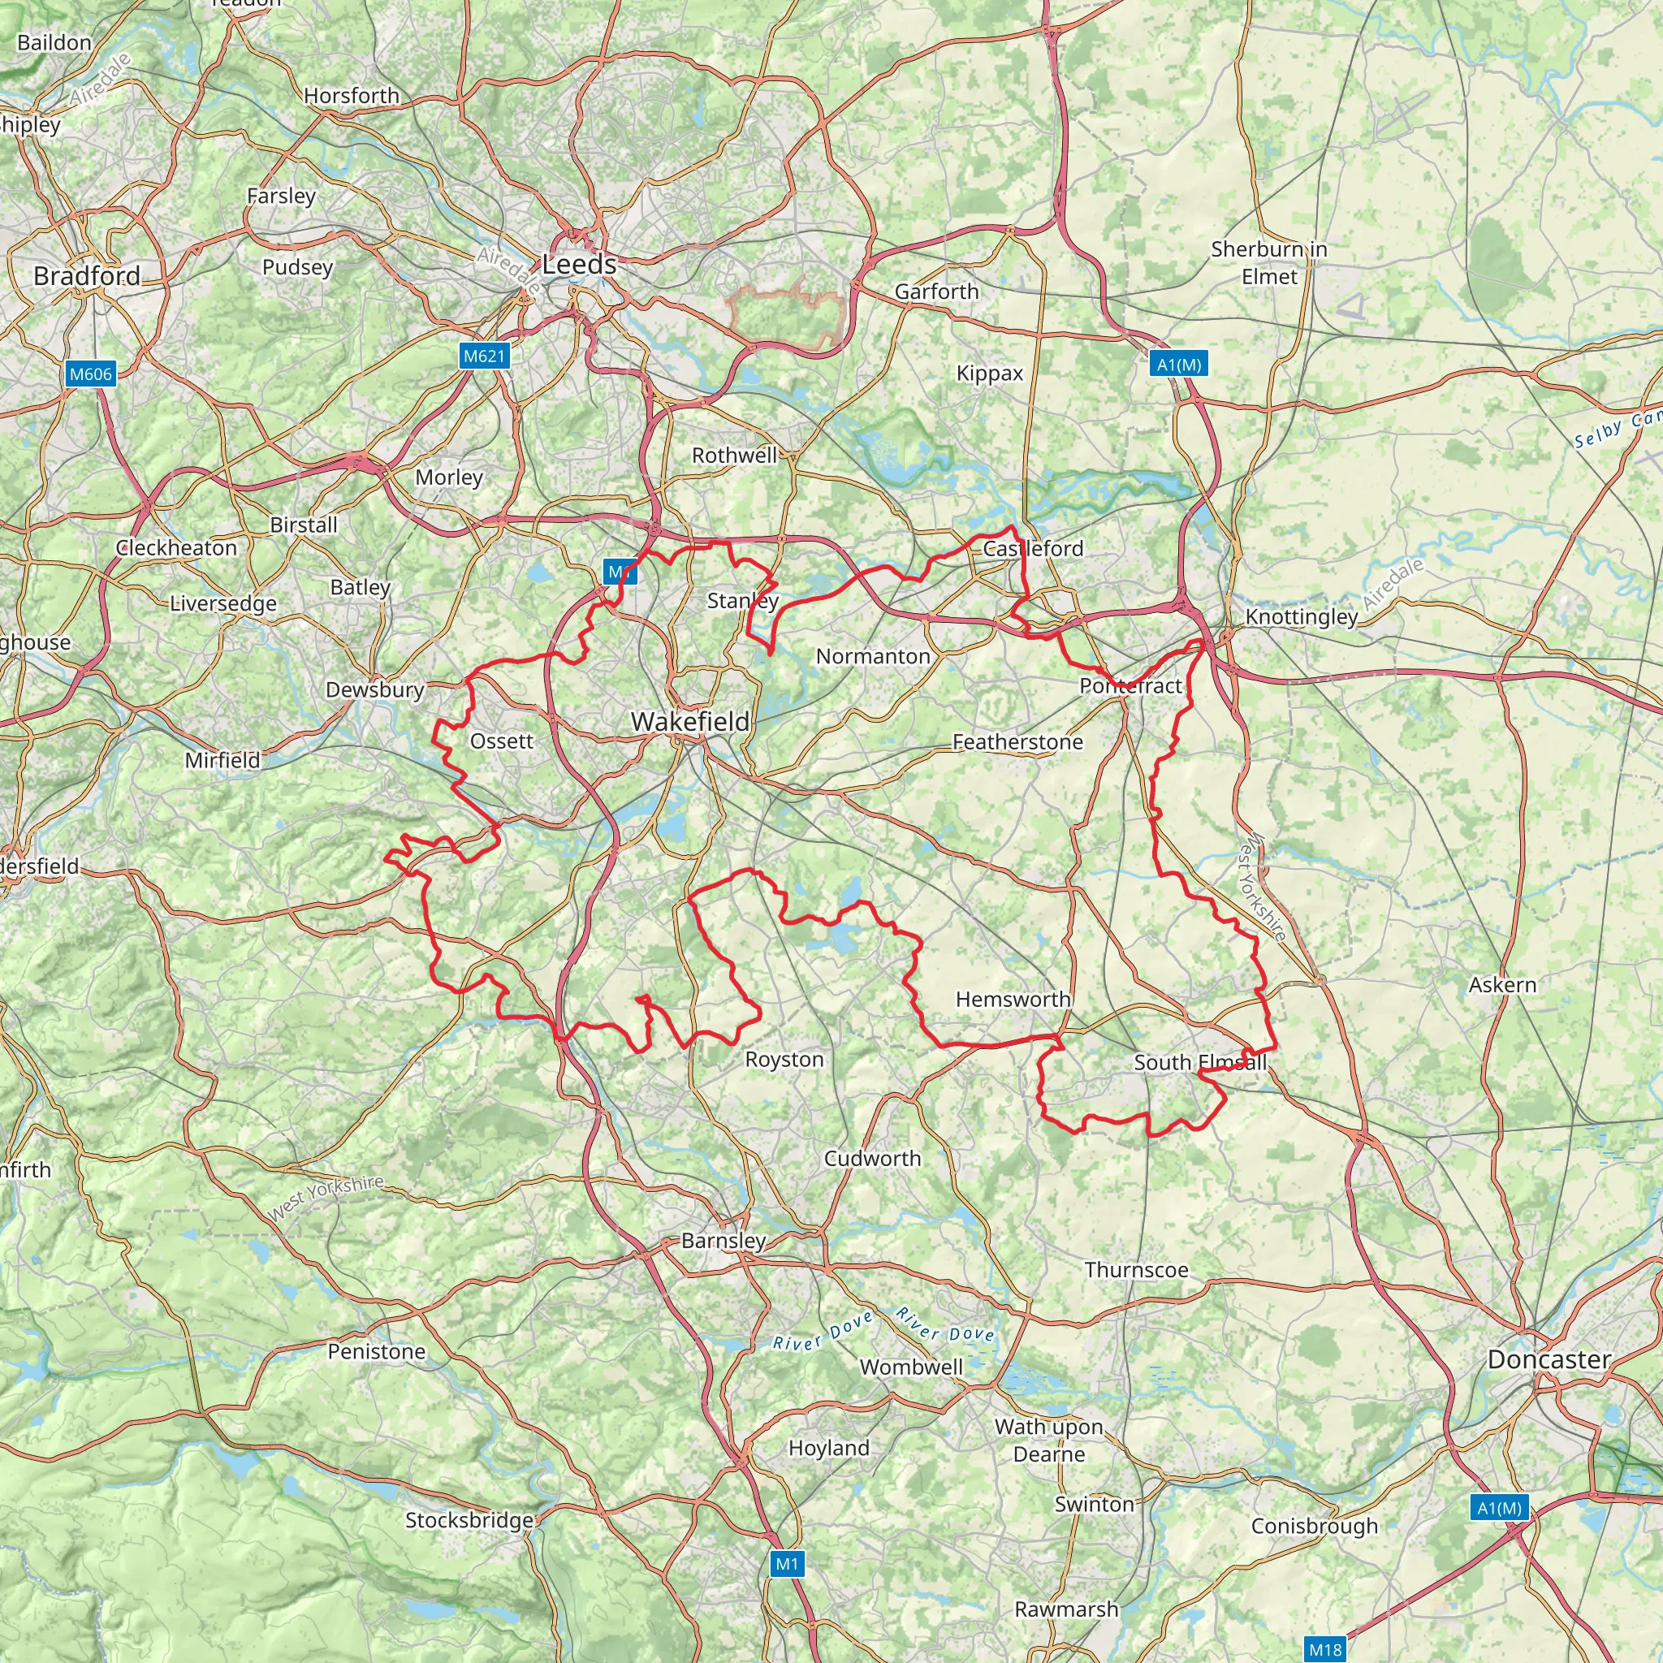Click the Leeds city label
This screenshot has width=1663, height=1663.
click(579, 264)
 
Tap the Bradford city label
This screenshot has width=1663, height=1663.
click(87, 275)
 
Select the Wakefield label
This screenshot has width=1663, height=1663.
click(690, 721)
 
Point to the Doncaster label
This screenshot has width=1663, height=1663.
click(1549, 1359)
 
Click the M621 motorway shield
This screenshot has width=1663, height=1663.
click(485, 356)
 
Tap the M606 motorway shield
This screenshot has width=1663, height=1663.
click(90, 374)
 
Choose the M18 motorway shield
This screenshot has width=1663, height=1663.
click(1324, 1649)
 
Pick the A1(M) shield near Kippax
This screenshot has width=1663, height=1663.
click(1178, 364)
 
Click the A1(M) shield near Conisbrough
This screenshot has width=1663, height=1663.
click(1500, 1507)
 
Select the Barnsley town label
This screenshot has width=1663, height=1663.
click(723, 1241)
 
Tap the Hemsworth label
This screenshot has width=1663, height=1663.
click(1013, 1000)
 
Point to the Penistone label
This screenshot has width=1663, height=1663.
click(376, 1351)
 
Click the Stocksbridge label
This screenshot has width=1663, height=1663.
click(469, 1520)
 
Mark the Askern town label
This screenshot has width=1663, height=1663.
click(1502, 985)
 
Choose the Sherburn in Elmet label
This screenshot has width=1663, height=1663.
click(1269, 262)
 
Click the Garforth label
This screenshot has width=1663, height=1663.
click(936, 292)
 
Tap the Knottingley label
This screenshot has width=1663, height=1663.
click(1301, 616)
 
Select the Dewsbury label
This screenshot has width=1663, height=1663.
click(374, 689)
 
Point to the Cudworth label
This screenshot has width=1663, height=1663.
click(872, 1159)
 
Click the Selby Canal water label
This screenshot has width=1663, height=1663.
click(1617, 430)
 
